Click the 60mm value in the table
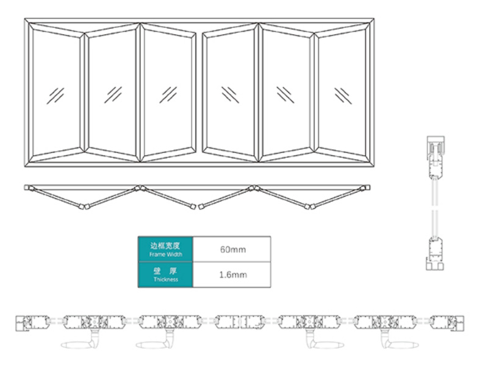coord(233,250)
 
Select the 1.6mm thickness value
coord(233,275)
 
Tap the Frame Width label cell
coord(165,249)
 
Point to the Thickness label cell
coord(165,275)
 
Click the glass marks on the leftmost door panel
coord(56,96)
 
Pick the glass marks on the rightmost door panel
coord(343,96)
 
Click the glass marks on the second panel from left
coord(113,94)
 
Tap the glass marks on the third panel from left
coord(168,94)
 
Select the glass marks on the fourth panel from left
coord(231,94)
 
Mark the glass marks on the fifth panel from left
coord(285,94)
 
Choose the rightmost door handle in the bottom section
coord(400,341)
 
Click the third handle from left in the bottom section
coord(325,341)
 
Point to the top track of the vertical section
coord(436,146)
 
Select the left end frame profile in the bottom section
coord(23,323)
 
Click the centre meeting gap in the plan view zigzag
coord(197,206)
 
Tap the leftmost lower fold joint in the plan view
coord(84,206)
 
